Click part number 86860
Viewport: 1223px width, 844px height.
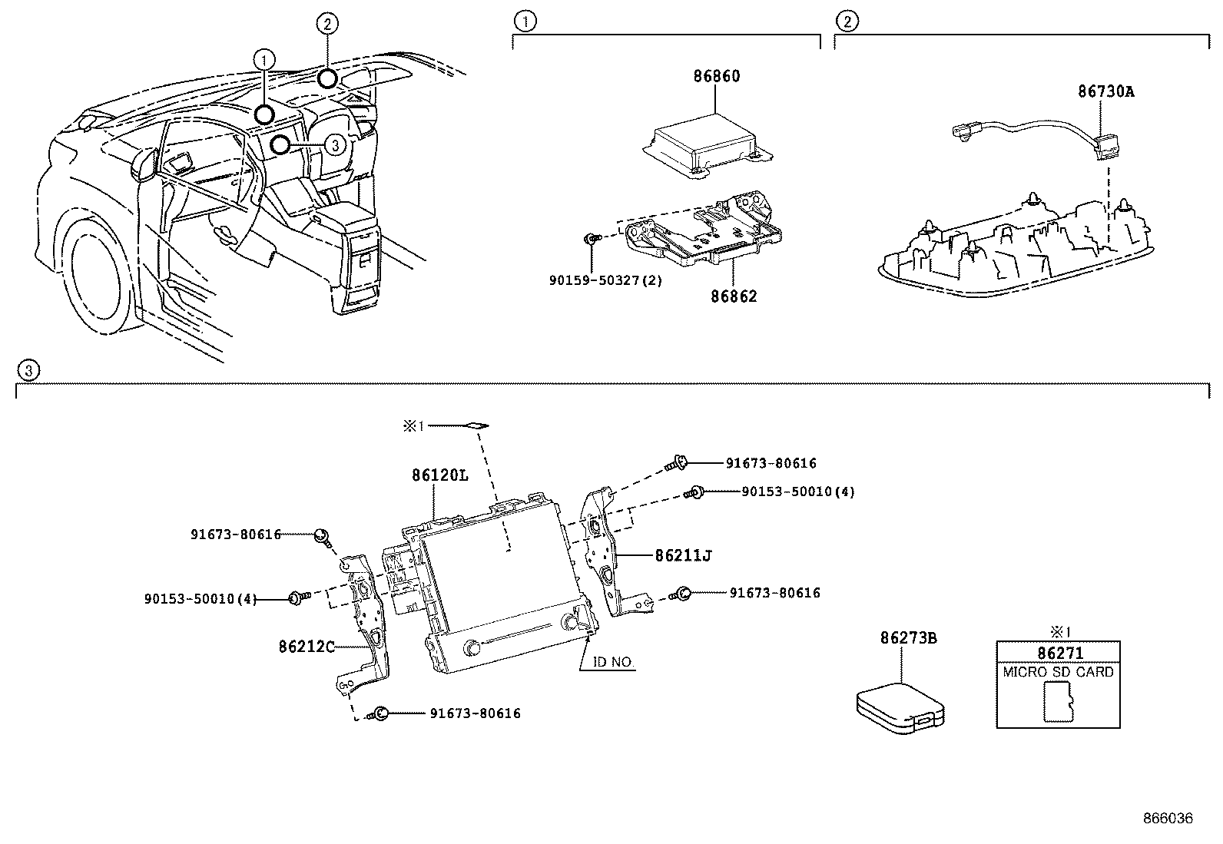point(717,77)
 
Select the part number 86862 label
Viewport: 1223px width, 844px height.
point(733,296)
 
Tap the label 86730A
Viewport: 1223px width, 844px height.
point(1105,91)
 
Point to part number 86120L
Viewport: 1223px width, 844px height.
point(439,475)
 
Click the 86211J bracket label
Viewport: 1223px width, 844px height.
point(682,554)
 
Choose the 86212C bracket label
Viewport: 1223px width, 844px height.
point(307,647)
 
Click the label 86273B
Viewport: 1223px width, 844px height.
point(908,637)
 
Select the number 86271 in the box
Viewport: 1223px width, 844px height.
point(1059,654)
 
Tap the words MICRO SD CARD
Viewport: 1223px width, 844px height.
point(1059,672)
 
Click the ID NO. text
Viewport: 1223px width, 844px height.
point(612,661)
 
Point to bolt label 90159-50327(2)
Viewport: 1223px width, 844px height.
point(605,280)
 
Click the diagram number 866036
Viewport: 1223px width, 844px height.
point(1167,819)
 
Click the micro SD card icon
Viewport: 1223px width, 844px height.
point(1058,702)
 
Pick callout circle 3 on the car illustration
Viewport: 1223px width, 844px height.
point(333,144)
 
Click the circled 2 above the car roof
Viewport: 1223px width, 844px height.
point(326,24)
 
